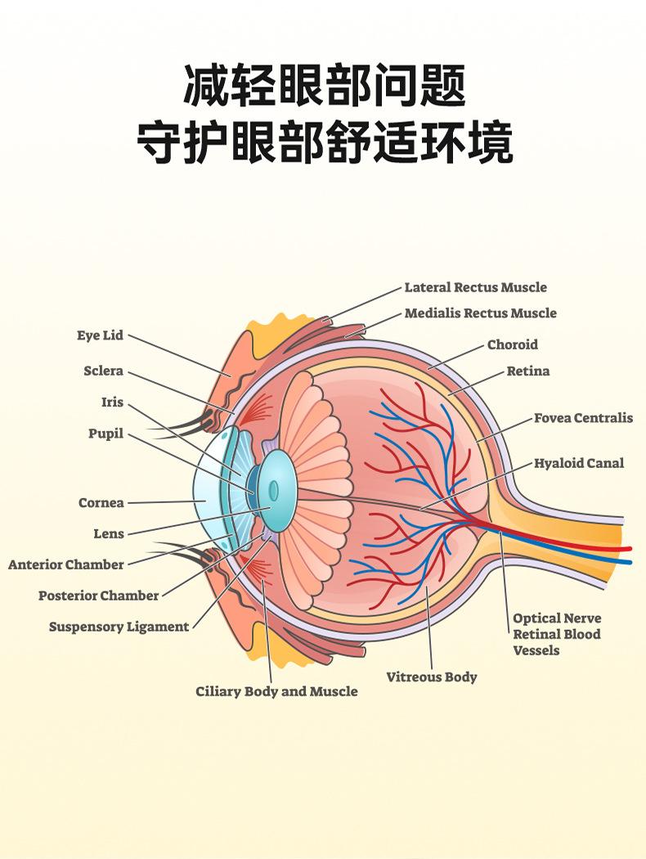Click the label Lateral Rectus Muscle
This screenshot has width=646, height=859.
tap(475, 287)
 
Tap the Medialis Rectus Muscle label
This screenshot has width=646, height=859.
tap(480, 313)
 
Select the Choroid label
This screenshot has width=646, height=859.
tap(513, 344)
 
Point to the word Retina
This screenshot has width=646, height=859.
tap(528, 371)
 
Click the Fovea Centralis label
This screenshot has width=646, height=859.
tap(583, 418)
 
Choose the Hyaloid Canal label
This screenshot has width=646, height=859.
tap(578, 463)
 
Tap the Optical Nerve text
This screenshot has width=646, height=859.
tap(556, 618)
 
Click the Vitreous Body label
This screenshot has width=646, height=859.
tap(431, 677)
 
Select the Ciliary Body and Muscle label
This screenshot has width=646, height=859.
tap(276, 692)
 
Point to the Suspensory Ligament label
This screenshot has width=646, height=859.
tap(119, 627)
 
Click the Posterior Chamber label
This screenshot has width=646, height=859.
tap(98, 596)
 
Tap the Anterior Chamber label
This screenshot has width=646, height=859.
tap(66, 564)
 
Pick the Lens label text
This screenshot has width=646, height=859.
tap(109, 534)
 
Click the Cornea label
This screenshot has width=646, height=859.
tap(101, 503)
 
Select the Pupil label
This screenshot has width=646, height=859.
tap(105, 434)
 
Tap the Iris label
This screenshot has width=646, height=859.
tap(112, 403)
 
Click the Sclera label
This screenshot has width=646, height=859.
tap(103, 371)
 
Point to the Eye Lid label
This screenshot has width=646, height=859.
tap(100, 336)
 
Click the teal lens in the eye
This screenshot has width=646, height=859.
tap(275, 490)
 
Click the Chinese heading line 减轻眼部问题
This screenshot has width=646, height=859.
tap(324, 87)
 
